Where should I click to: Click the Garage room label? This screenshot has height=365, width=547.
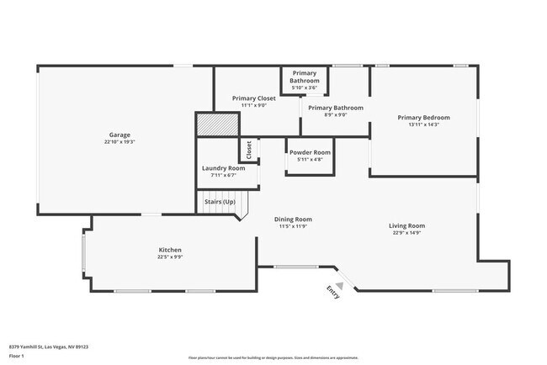pos(119,135)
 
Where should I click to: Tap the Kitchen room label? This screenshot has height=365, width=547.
pos(171,250)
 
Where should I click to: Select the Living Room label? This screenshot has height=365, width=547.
pos(406,225)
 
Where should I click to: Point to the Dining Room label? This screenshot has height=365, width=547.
pos(293,219)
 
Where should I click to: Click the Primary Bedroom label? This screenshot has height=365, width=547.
pos(423,117)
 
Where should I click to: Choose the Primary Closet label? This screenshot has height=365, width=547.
pos(253,98)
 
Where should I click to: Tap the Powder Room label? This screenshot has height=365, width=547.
pos(310,152)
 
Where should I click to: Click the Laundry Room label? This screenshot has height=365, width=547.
pos(224,168)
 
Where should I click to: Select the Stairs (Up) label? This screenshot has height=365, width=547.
pos(219,202)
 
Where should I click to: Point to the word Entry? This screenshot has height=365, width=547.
pos(332,292)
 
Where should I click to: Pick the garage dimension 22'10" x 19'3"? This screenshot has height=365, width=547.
pos(119,142)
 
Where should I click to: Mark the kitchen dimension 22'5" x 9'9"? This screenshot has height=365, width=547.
pos(171,257)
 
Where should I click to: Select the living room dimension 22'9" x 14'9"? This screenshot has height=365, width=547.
pos(406,233)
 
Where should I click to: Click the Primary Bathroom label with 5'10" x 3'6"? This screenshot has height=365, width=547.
pos(304,80)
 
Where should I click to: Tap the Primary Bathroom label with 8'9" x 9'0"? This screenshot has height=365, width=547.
pos(335,108)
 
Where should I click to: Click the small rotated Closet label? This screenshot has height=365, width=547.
pos(249,150)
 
